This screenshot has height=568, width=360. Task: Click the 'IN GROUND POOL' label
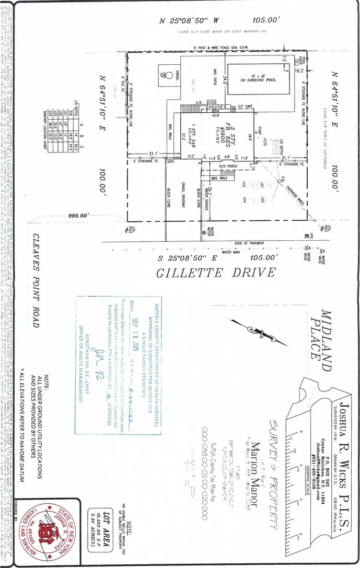257,80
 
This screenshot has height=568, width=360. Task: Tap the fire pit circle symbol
162,74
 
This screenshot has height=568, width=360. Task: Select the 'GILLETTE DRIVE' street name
216,273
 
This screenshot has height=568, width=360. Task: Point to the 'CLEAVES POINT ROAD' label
35,280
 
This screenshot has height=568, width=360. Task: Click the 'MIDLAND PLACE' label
320,335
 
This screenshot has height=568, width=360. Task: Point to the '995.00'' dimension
78,215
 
